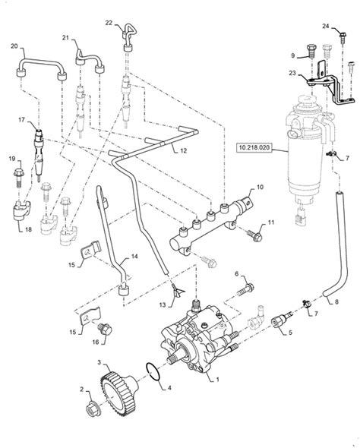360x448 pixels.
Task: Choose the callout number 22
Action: tap(109, 24)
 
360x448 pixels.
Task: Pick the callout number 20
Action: tap(14, 46)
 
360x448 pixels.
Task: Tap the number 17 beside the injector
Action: tap(22, 119)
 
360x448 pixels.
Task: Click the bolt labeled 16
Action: tap(105, 329)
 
